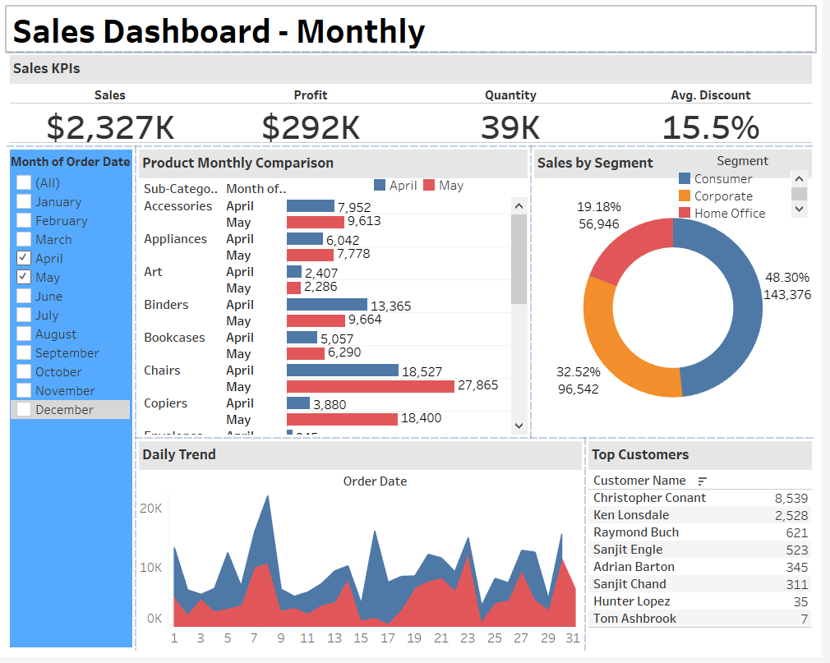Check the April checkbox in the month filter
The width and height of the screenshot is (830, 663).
(24, 258)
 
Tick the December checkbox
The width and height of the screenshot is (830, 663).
(24, 409)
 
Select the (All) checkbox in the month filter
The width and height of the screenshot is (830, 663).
(24, 182)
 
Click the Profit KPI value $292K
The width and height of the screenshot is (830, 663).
(311, 127)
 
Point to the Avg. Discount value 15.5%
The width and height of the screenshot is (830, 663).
(710, 127)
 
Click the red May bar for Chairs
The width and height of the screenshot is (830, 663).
(370, 386)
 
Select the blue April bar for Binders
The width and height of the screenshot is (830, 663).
(326, 305)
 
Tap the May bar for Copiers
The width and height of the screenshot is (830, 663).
(342, 419)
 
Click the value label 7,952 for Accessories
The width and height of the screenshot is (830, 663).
(354, 207)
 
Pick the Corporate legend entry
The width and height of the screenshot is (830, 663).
(722, 196)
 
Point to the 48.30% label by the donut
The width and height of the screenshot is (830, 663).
(786, 278)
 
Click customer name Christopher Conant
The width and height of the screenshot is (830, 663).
(649, 498)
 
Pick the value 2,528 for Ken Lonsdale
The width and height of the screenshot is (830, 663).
(791, 515)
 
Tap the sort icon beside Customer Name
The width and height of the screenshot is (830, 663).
(703, 481)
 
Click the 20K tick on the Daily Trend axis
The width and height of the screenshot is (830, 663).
(151, 509)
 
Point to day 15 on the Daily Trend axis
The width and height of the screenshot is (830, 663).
(361, 638)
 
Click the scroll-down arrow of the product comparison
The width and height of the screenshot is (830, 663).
(519, 426)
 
